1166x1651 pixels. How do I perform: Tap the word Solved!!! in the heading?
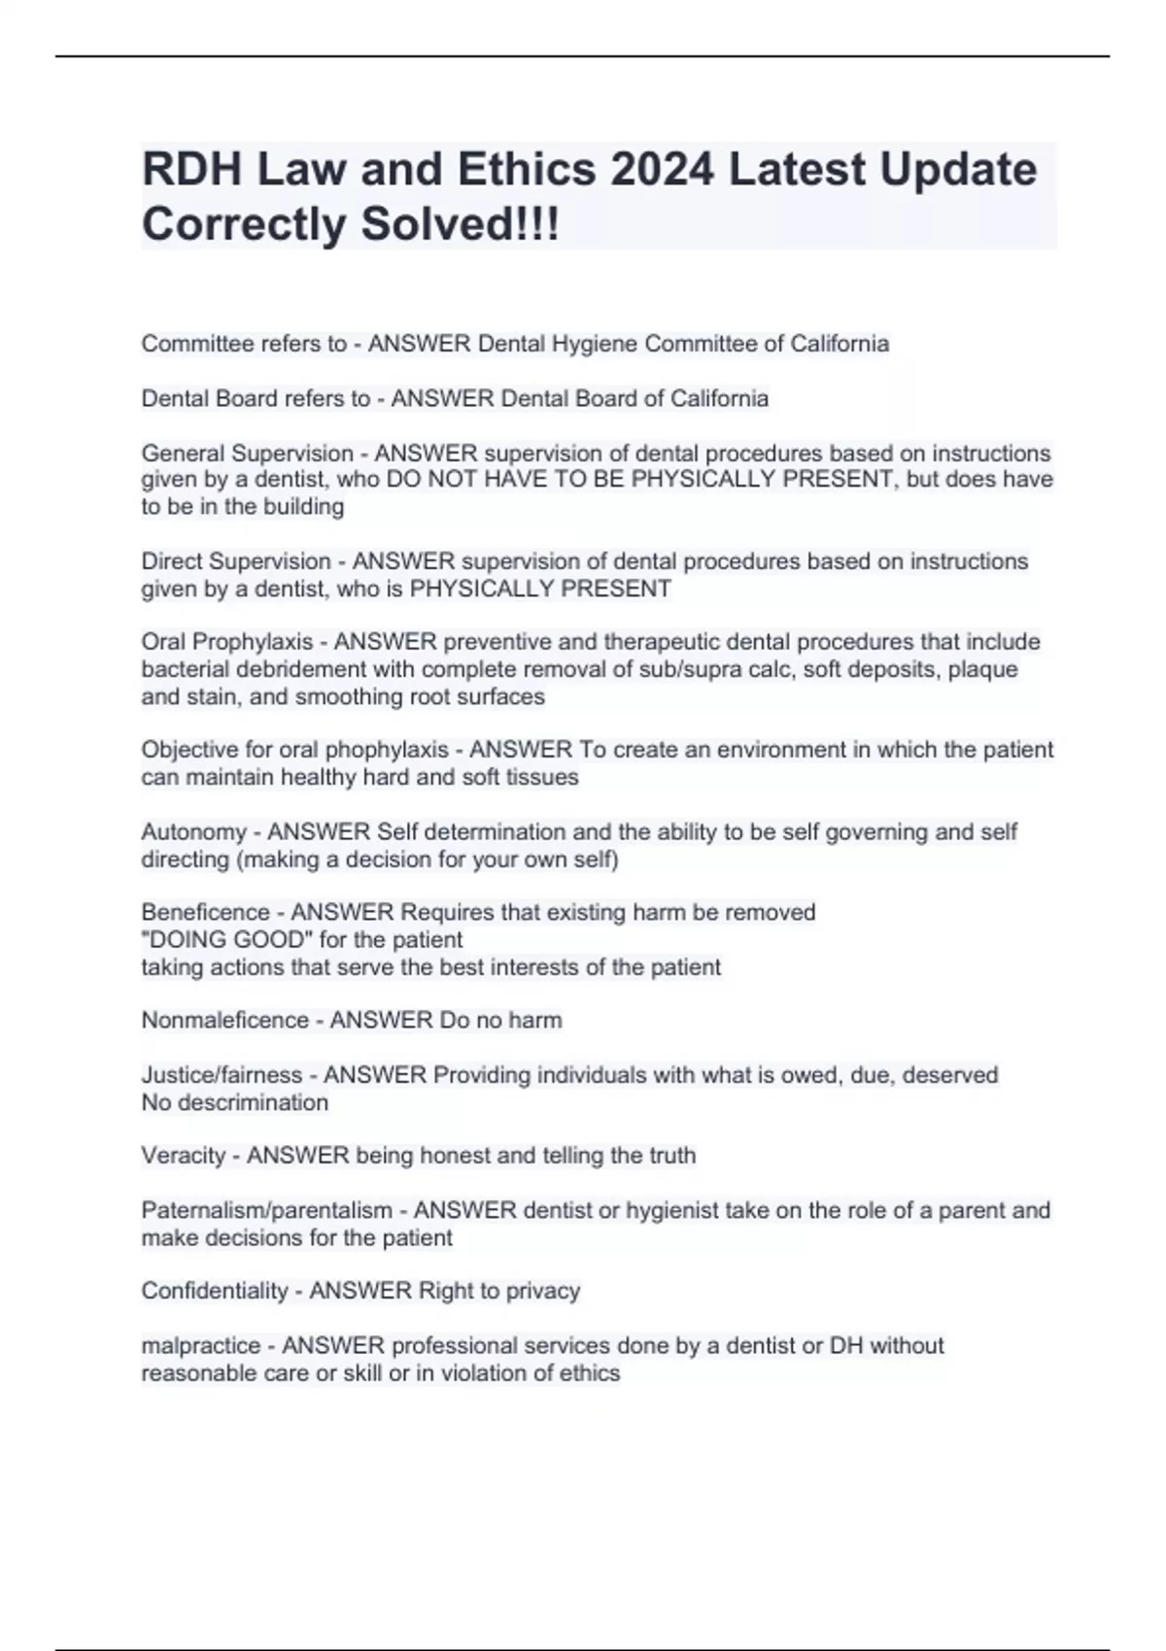point(461,224)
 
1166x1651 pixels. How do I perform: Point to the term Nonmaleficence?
point(224,1020)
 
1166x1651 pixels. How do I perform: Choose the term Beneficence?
point(205,912)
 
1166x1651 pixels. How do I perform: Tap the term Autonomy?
point(193,831)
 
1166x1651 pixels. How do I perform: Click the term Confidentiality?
point(214,1291)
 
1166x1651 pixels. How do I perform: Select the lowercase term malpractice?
point(200,1345)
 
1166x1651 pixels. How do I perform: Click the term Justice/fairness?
point(222,1075)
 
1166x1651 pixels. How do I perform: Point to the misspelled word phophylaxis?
point(387,750)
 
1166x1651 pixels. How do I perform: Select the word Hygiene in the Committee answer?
point(596,344)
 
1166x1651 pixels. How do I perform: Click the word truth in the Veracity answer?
point(670,1156)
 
